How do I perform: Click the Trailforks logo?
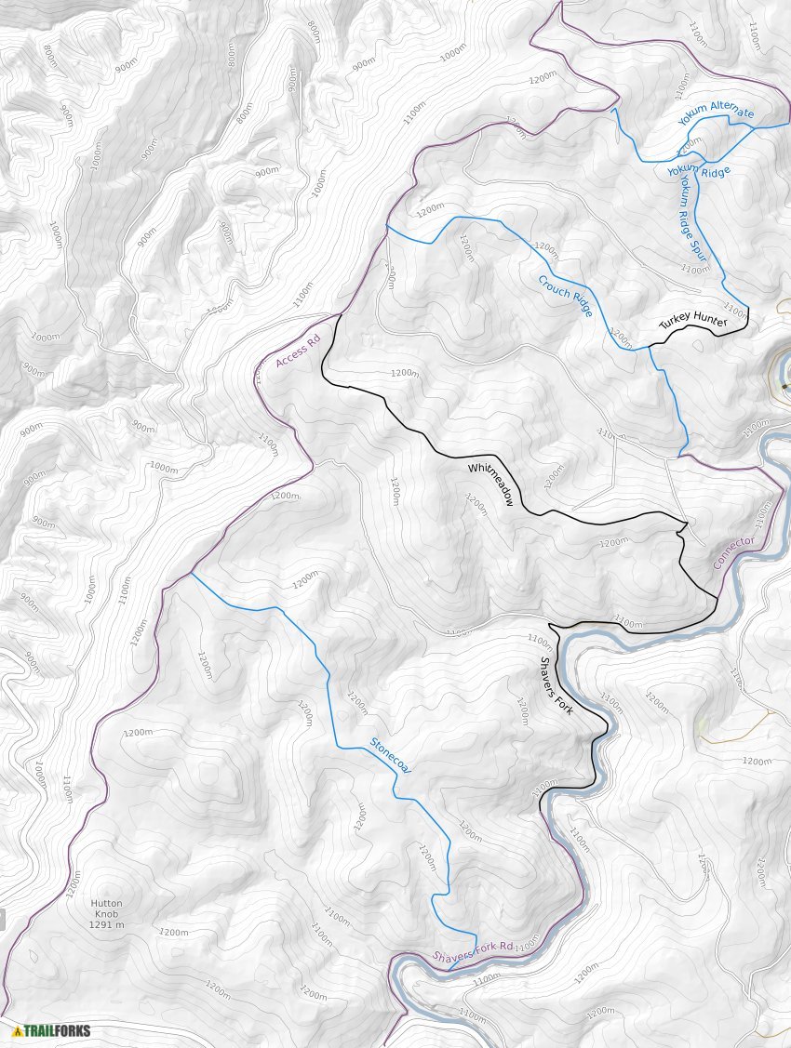coord(51,1030)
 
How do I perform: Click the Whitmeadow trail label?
coord(491,483)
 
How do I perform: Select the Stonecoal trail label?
coord(391,753)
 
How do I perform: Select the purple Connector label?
coord(733,553)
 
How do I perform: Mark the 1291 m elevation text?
coord(106,925)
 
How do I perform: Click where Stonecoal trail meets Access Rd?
coord(191,574)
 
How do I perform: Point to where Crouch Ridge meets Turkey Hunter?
coord(650,348)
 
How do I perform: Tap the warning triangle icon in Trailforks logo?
coord(17,1030)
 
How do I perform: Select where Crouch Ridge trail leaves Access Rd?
coord(386,225)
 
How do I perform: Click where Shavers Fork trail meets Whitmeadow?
coord(551,624)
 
